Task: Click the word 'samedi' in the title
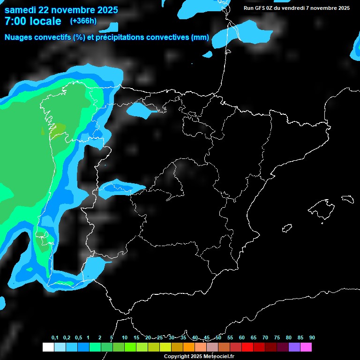click(x=22, y=10)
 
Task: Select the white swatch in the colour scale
click(x=48, y=347)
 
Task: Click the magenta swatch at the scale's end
click(x=306, y=347)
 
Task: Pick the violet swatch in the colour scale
click(x=294, y=347)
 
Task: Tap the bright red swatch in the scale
click(x=247, y=347)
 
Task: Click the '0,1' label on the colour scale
click(x=55, y=338)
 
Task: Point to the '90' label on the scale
click(x=312, y=338)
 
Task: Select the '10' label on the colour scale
click(x=125, y=338)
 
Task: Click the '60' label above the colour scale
click(x=242, y=338)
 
